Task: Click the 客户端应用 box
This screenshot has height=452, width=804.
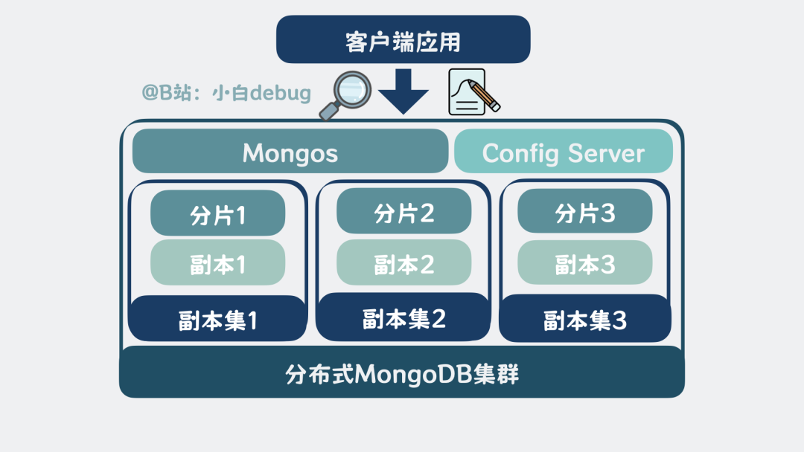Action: click(x=403, y=40)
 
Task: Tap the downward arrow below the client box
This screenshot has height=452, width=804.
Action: click(x=403, y=91)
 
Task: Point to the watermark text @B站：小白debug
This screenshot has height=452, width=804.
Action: click(x=226, y=93)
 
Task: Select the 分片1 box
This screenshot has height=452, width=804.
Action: click(x=218, y=213)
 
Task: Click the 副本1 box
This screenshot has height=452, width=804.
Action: click(x=218, y=263)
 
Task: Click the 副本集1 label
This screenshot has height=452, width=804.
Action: click(x=217, y=320)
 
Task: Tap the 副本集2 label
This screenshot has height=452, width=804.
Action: click(x=403, y=319)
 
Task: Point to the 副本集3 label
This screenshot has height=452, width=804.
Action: click(x=585, y=320)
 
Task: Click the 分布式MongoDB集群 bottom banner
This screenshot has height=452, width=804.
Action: click(x=402, y=372)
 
